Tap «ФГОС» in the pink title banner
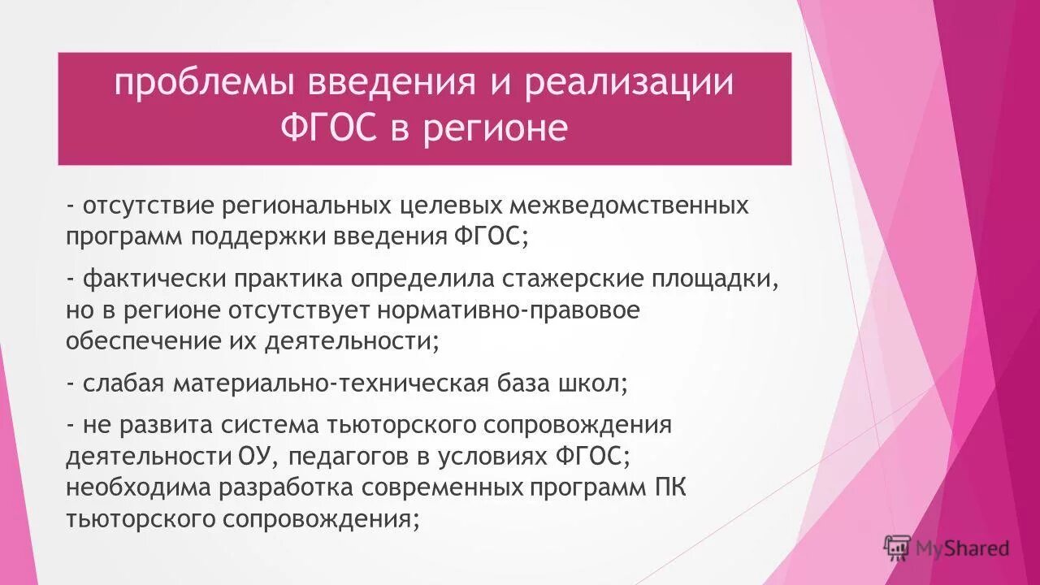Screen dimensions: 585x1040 (x=329, y=128)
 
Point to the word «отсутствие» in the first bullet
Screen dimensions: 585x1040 (x=148, y=206)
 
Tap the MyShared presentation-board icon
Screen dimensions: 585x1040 (x=896, y=548)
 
